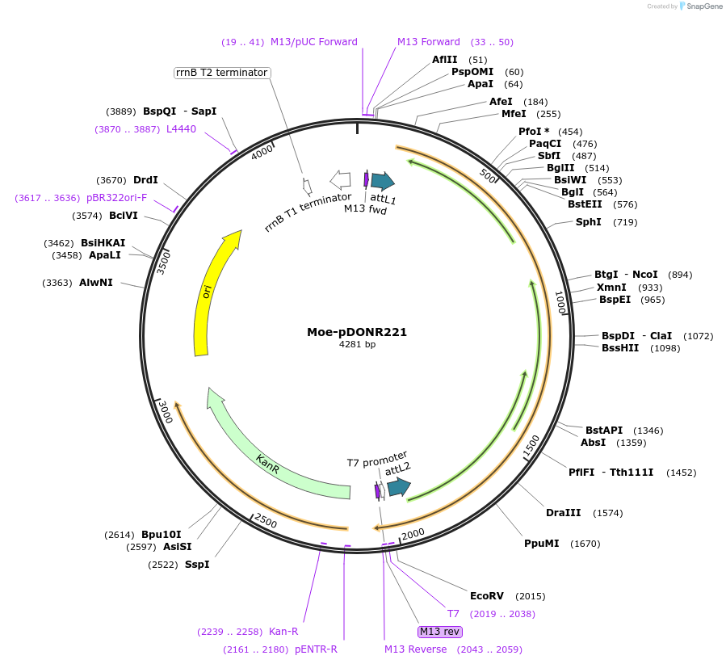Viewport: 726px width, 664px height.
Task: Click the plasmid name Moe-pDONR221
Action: pos(357,332)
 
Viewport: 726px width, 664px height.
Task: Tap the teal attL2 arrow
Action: pos(398,487)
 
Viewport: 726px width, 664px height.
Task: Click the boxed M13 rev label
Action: pos(439,631)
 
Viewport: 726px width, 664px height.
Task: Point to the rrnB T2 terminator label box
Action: pos(221,73)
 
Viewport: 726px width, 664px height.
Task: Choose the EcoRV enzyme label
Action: pos(486,596)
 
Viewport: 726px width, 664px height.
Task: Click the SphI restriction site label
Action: pos(588,222)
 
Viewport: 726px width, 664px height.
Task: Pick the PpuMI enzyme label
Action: pos(541,544)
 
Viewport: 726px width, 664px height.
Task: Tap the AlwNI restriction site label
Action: pos(96,283)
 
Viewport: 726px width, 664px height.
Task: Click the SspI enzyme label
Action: pos(197,564)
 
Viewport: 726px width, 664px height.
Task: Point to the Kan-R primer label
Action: pos(283,632)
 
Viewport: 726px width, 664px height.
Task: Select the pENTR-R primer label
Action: pos(316,649)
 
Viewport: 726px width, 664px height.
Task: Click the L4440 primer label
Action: pos(181,128)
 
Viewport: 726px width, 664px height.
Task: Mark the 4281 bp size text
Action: pos(357,344)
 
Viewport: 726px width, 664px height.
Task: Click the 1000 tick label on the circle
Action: pos(560,303)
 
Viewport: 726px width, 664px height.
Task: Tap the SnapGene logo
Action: pos(699,6)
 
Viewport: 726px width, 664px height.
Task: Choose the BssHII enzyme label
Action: pos(619,348)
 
